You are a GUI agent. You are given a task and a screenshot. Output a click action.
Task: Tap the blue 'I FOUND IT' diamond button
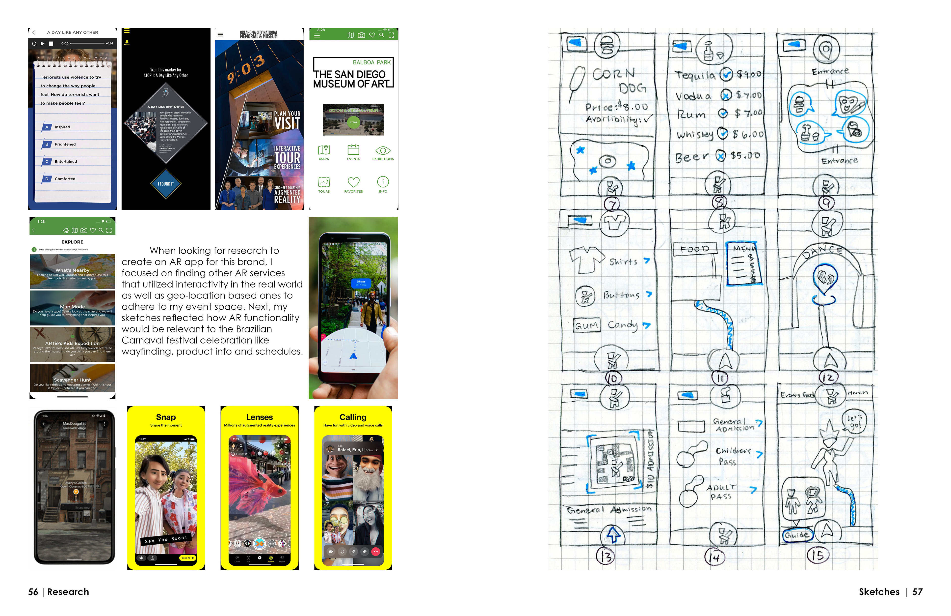pyautogui.click(x=166, y=184)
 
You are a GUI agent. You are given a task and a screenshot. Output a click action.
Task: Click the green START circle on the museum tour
pyautogui.click(x=353, y=122)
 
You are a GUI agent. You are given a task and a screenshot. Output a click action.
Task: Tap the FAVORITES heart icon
pyautogui.click(x=353, y=182)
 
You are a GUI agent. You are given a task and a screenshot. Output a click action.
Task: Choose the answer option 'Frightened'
pyautogui.click(x=65, y=145)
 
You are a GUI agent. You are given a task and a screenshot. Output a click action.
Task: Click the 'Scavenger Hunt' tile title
pyautogui.click(x=72, y=380)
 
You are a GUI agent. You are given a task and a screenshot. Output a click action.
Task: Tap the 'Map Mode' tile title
pyautogui.click(x=72, y=307)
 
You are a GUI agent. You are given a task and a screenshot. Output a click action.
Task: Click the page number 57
pyautogui.click(x=917, y=592)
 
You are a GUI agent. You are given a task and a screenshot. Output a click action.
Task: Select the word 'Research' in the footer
pyautogui.click(x=68, y=592)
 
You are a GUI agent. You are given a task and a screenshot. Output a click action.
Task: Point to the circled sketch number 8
pyautogui.click(x=719, y=202)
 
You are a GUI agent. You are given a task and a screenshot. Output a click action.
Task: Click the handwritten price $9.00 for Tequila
pyautogui.click(x=749, y=74)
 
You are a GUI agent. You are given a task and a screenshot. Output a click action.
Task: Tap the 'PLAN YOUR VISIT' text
pyautogui.click(x=287, y=121)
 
